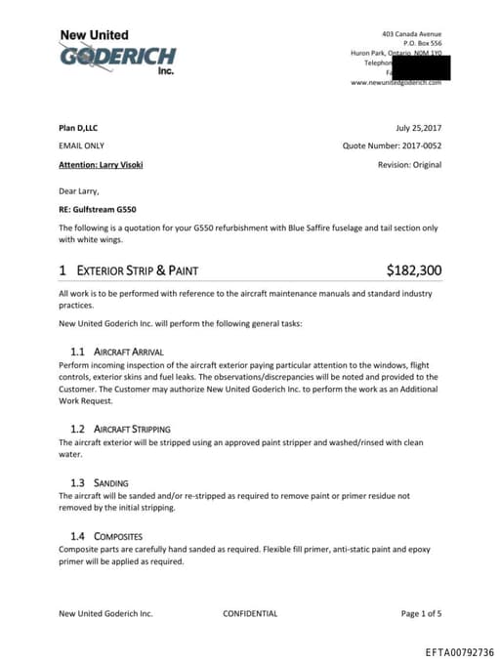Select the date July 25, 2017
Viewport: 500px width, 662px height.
pyautogui.click(x=419, y=128)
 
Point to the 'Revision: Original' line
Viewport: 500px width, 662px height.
pyautogui.click(x=409, y=165)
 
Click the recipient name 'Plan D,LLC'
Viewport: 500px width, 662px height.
pyautogui.click(x=78, y=128)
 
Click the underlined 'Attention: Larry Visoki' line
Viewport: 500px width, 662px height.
pyautogui.click(x=101, y=165)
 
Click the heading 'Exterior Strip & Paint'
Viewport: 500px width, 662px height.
pyautogui.click(x=140, y=270)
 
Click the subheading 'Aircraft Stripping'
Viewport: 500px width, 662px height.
pyautogui.click(x=132, y=429)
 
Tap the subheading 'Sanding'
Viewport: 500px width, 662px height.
pyautogui.click(x=110, y=482)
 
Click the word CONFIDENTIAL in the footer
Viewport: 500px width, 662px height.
pyautogui.click(x=250, y=614)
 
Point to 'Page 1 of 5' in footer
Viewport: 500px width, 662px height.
pyautogui.click(x=421, y=614)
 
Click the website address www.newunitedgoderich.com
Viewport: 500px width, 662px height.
pyautogui.click(x=396, y=83)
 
